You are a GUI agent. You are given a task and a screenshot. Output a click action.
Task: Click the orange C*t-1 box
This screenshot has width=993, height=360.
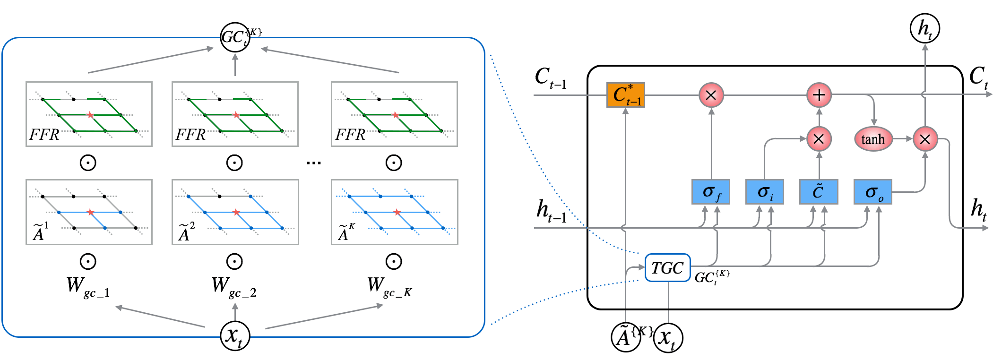[625, 95]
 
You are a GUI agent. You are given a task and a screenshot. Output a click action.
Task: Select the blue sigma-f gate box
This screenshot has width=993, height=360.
[710, 192]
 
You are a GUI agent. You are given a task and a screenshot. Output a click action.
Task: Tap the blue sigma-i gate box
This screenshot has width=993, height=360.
[764, 192]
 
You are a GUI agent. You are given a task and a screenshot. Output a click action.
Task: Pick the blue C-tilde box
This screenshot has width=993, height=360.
[818, 192]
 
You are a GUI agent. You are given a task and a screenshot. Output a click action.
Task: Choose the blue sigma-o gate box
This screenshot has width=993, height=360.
[872, 192]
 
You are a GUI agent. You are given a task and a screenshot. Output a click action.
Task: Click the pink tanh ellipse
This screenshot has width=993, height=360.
[873, 139]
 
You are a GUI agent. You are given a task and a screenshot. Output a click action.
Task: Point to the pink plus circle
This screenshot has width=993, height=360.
[819, 95]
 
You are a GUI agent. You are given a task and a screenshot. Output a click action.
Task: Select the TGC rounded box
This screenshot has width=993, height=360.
[667, 268]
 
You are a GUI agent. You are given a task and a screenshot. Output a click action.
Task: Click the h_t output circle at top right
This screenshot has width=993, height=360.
[924, 28]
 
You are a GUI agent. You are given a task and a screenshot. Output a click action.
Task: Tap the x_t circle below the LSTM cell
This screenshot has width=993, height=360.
[668, 338]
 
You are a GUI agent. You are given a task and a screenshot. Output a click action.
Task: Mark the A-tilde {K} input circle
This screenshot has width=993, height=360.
[626, 337]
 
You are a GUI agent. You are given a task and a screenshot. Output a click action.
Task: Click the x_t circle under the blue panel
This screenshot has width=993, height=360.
[235, 336]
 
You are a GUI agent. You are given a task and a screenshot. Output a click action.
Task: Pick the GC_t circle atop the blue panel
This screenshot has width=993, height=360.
[235, 37]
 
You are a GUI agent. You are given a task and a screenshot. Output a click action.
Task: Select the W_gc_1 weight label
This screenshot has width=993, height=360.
[88, 287]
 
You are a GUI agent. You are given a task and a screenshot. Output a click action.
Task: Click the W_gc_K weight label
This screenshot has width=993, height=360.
[389, 287]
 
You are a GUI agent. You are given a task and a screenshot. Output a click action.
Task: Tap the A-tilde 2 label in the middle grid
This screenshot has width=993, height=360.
[186, 232]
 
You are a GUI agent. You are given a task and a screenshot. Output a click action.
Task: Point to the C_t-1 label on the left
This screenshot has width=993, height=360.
[550, 77]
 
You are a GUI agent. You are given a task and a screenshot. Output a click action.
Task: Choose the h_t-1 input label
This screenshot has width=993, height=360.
[551, 211]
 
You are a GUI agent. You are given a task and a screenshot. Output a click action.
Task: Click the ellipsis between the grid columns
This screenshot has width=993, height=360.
[313, 163]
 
